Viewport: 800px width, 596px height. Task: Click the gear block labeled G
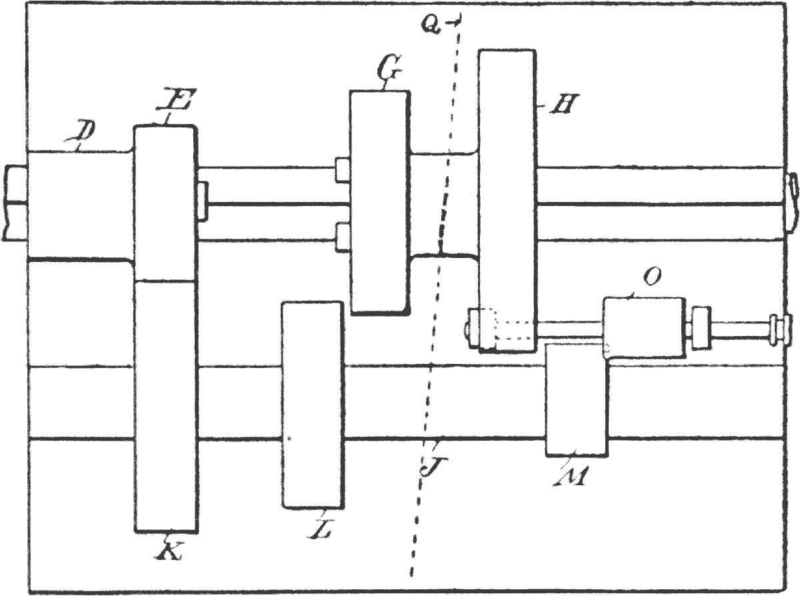(x=379, y=200)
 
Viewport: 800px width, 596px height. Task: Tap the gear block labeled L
(x=313, y=405)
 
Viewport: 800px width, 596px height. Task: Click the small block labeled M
(x=577, y=400)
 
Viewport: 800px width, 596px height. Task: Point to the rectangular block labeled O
(x=644, y=329)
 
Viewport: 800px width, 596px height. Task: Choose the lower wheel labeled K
(x=166, y=407)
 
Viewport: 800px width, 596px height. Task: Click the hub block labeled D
(x=80, y=203)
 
